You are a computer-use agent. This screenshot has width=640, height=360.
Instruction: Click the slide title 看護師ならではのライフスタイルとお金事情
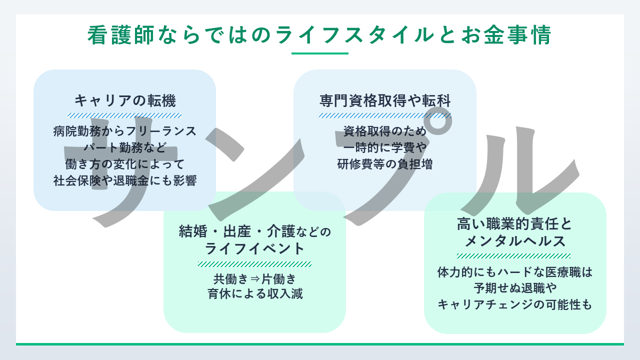(319, 35)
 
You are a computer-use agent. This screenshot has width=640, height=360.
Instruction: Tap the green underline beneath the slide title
(319, 53)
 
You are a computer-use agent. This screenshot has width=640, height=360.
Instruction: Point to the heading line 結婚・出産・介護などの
(254, 231)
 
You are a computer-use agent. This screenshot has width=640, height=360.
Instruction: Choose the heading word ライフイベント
(254, 248)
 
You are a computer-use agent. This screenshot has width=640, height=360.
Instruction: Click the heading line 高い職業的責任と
(514, 224)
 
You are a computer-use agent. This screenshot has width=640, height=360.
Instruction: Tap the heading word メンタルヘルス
(514, 241)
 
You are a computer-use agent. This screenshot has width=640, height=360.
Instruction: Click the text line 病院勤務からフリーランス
(125, 131)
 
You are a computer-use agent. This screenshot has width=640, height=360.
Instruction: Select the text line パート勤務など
(125, 147)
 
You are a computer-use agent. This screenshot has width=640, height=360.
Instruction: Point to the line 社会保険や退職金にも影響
(125, 180)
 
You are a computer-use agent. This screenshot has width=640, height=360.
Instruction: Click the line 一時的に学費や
(385, 147)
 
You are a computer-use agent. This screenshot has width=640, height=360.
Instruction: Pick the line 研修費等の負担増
(385, 164)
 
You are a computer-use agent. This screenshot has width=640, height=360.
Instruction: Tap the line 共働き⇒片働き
(254, 278)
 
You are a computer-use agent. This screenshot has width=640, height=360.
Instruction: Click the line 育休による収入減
(254, 293)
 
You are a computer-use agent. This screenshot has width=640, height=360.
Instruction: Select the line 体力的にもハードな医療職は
(514, 272)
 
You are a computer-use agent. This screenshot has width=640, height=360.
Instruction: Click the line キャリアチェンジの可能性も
(514, 304)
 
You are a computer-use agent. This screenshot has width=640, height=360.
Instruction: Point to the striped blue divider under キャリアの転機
(125, 115)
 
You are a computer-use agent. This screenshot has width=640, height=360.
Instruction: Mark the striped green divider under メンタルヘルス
(514, 256)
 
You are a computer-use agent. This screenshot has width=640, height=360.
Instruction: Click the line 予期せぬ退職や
(514, 288)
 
